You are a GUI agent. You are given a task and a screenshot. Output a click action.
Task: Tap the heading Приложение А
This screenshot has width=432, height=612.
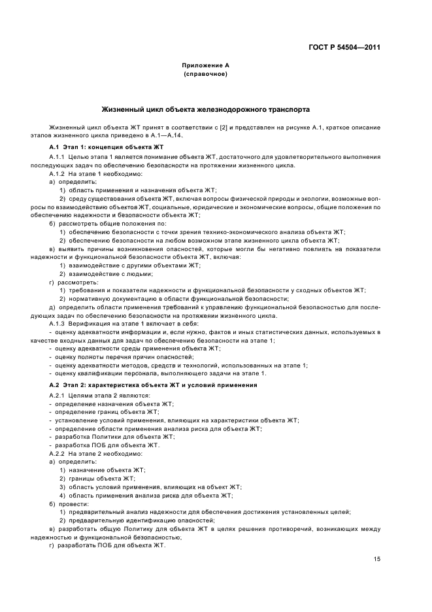205,66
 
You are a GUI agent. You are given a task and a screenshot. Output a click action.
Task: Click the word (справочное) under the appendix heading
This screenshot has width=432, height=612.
205,75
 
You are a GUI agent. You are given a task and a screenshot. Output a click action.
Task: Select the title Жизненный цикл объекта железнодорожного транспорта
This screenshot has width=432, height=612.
205,109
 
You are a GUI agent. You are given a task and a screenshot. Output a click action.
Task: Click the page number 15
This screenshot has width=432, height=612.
377,558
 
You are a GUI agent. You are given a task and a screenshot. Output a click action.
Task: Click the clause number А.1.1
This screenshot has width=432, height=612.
58,158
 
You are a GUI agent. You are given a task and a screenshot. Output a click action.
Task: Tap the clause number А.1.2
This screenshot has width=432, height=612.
58,174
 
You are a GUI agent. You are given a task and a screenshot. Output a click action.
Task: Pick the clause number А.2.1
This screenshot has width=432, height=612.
58,396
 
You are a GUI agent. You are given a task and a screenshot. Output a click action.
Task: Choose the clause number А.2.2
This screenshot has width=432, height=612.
58,453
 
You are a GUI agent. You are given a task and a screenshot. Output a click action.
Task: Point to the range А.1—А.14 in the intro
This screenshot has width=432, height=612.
166,135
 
